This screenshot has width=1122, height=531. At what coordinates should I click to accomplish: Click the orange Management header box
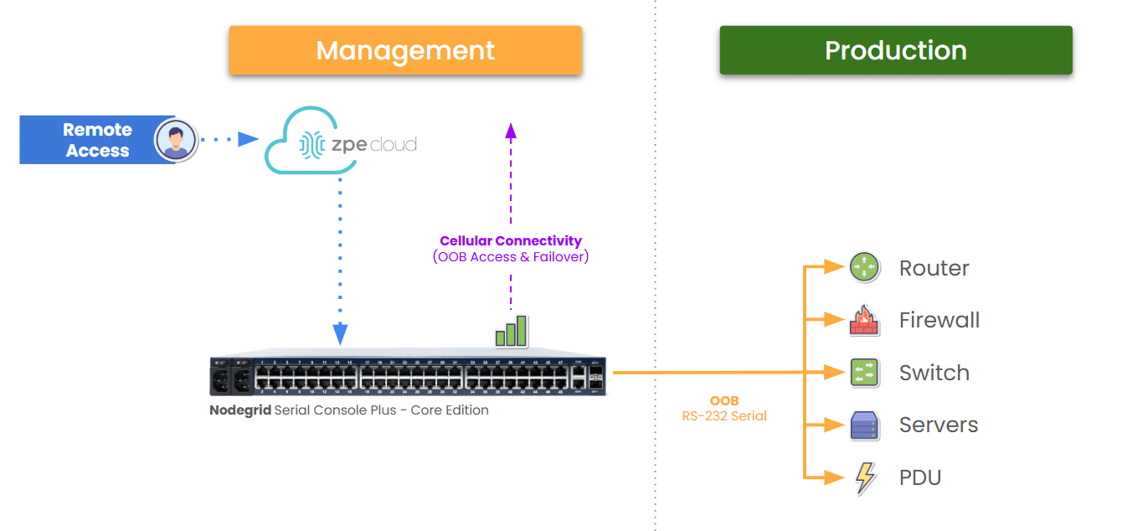pyautogui.click(x=405, y=50)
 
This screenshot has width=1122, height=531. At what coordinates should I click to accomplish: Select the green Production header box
pyautogui.click(x=895, y=50)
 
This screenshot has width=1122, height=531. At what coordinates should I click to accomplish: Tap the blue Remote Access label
pyautogui.click(x=97, y=140)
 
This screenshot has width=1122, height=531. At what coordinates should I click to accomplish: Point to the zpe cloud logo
pyautogui.click(x=341, y=141)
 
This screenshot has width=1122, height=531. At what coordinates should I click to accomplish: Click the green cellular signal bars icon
pyautogui.click(x=511, y=331)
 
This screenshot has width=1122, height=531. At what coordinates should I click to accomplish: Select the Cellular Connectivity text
pyautogui.click(x=511, y=241)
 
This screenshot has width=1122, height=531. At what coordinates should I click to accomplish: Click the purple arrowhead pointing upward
pyautogui.click(x=511, y=129)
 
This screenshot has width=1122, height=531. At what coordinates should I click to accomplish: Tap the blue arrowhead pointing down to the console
pyautogui.click(x=340, y=335)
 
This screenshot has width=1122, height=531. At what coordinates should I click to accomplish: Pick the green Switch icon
pyautogui.click(x=863, y=373)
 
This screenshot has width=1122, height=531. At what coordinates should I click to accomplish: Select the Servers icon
pyautogui.click(x=863, y=425)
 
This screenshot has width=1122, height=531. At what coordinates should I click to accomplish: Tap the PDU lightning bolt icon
pyautogui.click(x=864, y=477)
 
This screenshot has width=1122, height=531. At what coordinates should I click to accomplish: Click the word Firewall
pyautogui.click(x=939, y=321)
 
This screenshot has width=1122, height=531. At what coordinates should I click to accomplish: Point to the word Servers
pyautogui.click(x=938, y=425)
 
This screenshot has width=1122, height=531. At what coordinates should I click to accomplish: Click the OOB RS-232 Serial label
pyautogui.click(x=724, y=408)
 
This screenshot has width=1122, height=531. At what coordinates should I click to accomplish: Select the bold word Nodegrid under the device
pyautogui.click(x=239, y=410)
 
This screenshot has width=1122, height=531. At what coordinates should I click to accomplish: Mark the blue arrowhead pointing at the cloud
pyautogui.click(x=248, y=139)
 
